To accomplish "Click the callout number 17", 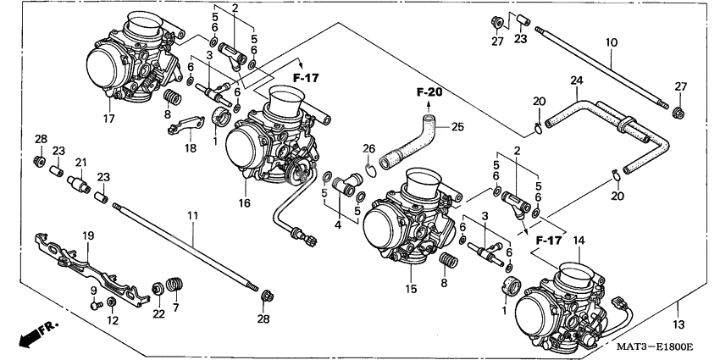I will click(108, 118).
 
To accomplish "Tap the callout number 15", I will click(411, 289).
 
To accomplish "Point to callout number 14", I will click(579, 241).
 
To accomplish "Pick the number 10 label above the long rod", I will click(612, 42).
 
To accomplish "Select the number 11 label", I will click(192, 217).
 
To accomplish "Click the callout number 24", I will click(576, 80).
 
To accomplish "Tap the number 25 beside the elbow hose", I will click(457, 127).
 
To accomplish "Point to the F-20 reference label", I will click(429, 91).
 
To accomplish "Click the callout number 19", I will click(87, 235).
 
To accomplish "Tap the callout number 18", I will click(189, 147).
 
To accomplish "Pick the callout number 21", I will click(81, 162).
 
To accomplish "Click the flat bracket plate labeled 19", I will click(85, 262).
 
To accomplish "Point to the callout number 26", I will click(368, 149).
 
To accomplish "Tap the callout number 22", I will click(158, 313).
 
